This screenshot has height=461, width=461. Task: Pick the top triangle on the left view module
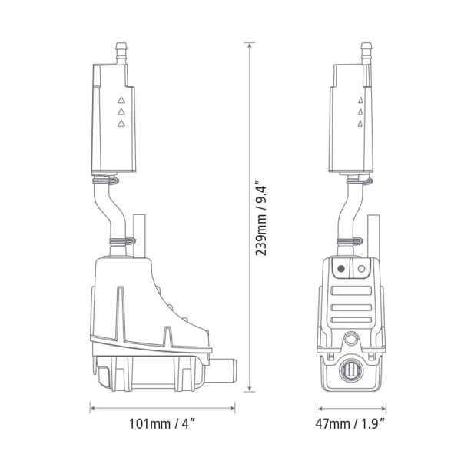(x=121, y=100)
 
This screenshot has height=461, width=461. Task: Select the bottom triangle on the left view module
(x=121, y=124)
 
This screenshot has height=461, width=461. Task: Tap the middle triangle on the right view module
(x=359, y=112)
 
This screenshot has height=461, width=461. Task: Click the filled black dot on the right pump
(x=340, y=270)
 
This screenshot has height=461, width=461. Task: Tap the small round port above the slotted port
(x=352, y=338)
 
